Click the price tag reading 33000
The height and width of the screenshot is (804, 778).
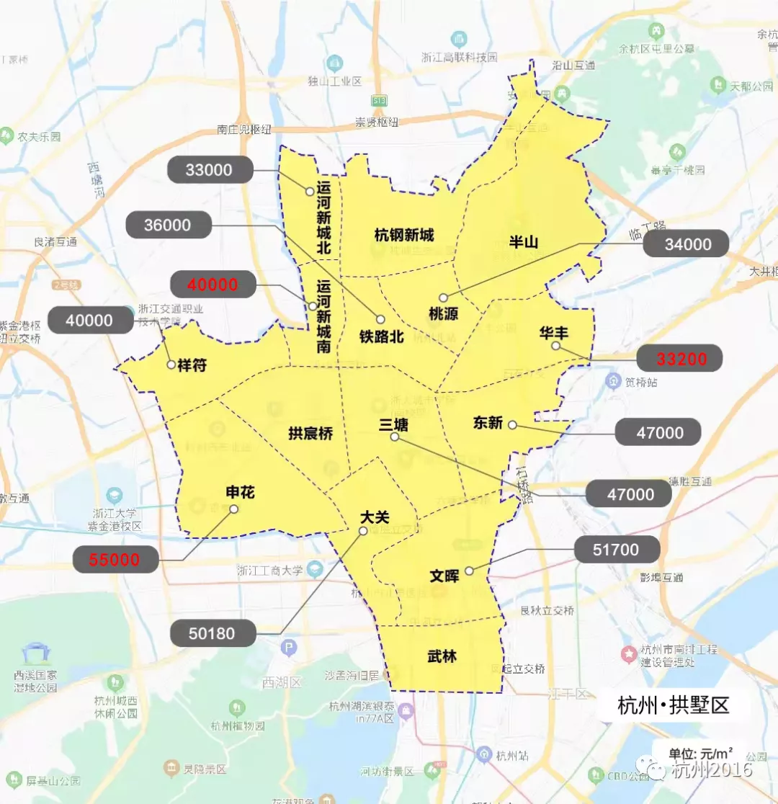(x=210, y=170)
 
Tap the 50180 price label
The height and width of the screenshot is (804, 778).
(x=213, y=634)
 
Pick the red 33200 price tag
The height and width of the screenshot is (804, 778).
(x=681, y=357)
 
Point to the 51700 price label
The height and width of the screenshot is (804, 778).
(x=616, y=550)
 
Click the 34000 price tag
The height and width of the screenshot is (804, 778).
(x=687, y=244)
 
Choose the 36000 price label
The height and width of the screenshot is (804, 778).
(x=168, y=225)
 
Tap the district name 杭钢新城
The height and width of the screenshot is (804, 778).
(x=404, y=235)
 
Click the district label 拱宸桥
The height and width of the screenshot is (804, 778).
(x=310, y=434)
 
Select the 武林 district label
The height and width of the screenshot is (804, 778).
(x=442, y=657)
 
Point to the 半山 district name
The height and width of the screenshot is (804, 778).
(x=524, y=242)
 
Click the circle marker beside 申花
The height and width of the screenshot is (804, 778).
(x=233, y=509)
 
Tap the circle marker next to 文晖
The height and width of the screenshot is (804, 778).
(x=469, y=571)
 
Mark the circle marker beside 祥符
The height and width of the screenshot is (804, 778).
(x=171, y=365)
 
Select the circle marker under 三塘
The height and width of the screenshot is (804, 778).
(x=394, y=437)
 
